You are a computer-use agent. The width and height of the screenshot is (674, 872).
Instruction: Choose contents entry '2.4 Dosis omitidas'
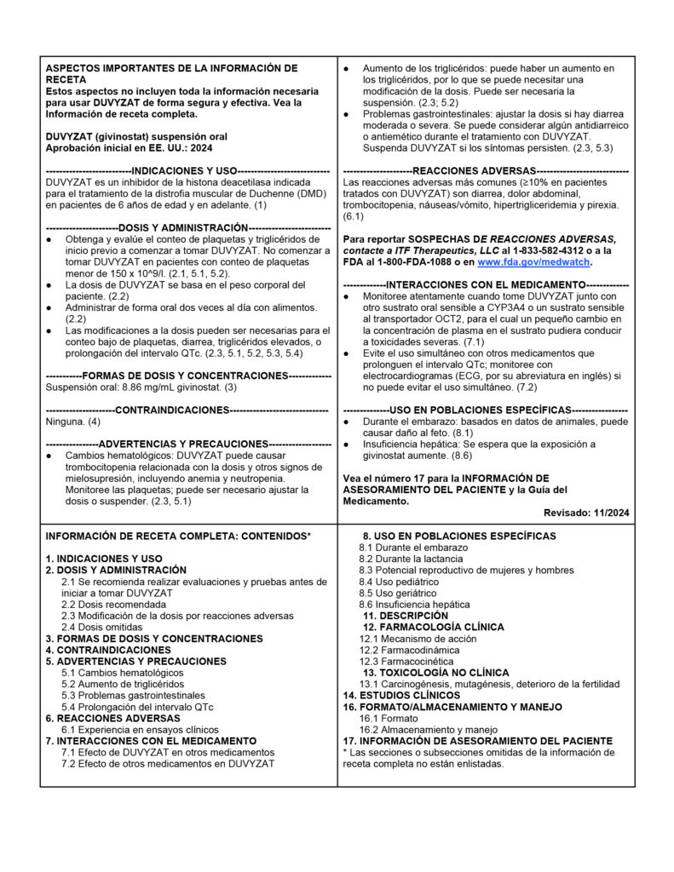(102, 627)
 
